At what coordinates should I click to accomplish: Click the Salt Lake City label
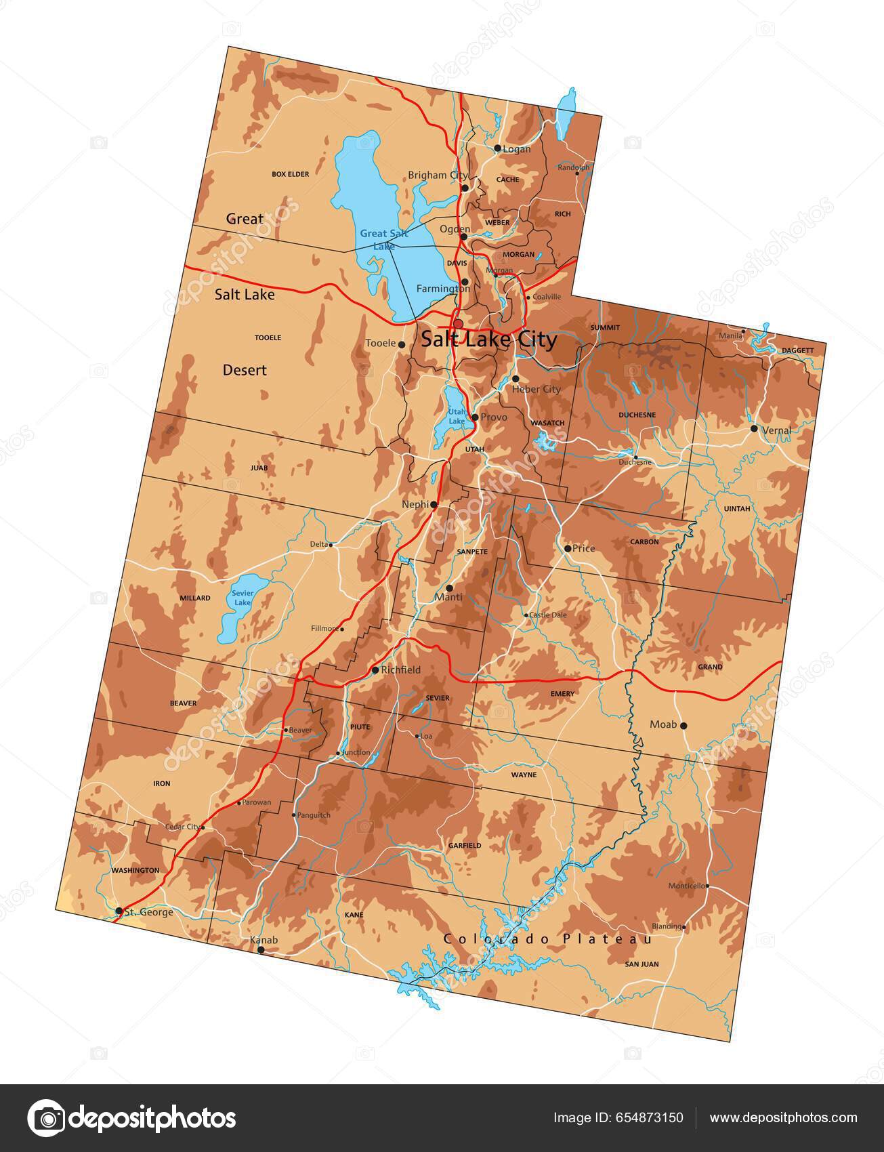click(489, 340)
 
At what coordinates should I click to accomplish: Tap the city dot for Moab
click(683, 725)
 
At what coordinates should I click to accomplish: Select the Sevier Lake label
click(242, 598)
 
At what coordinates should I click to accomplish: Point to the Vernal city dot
click(754, 429)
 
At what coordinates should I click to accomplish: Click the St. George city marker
click(119, 911)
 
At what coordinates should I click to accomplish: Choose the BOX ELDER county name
click(290, 174)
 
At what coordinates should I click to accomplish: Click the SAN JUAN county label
click(641, 964)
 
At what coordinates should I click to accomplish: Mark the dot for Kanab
click(261, 950)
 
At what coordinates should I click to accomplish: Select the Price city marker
click(568, 548)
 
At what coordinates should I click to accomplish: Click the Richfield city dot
click(375, 670)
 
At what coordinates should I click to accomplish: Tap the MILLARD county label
click(194, 598)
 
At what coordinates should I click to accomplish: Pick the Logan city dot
click(497, 148)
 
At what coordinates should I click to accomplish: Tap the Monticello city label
click(686, 886)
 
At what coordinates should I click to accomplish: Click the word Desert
click(245, 370)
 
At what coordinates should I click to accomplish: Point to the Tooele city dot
click(402, 344)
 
